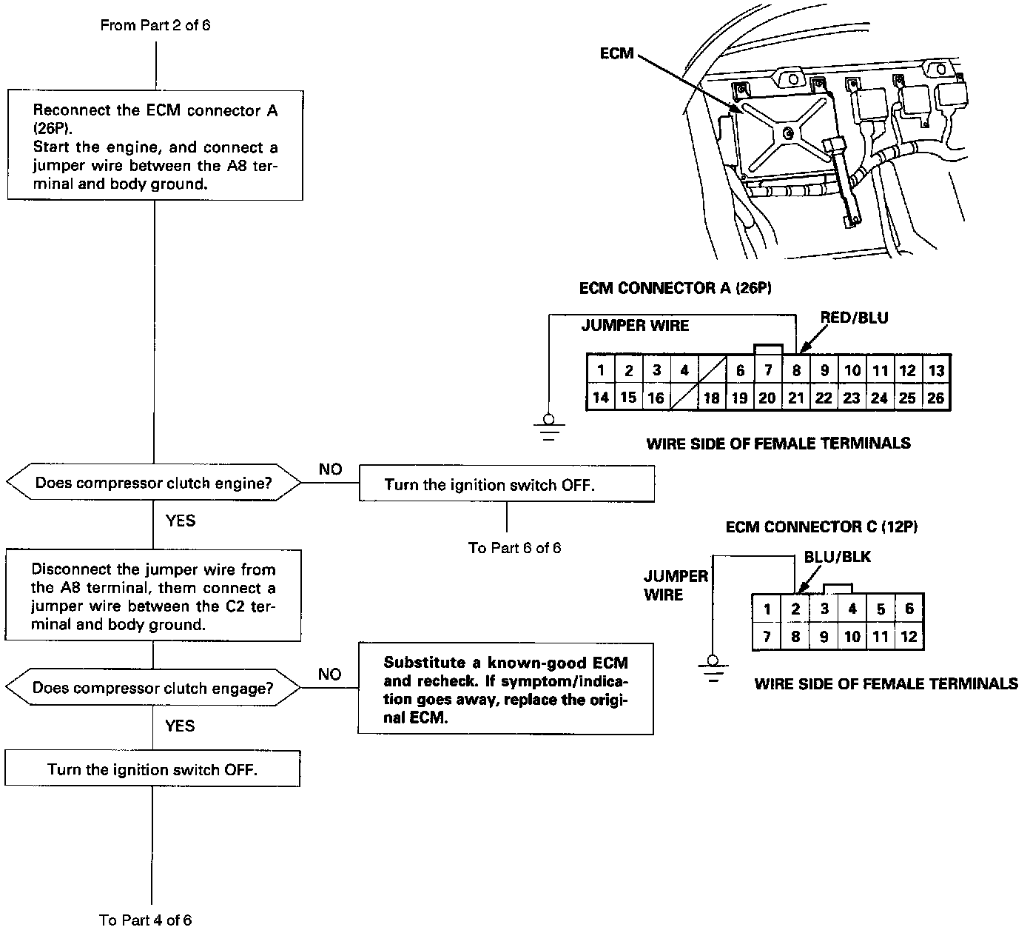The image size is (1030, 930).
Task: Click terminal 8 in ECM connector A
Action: coord(796,370)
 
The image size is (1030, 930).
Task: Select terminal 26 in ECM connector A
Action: coord(935,398)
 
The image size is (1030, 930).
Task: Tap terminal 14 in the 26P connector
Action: coord(601,398)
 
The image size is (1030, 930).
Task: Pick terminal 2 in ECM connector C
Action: coord(795,609)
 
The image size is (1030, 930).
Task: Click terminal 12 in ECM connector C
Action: coord(909,637)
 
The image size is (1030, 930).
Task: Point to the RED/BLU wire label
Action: coord(854,318)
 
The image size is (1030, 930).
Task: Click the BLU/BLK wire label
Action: coord(838,558)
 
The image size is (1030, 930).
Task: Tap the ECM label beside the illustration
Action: coord(616,53)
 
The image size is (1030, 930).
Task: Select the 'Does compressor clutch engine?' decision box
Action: coord(154,484)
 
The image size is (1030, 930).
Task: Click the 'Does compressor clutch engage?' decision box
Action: coord(153,689)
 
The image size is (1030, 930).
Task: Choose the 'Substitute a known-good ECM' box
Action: coord(506,689)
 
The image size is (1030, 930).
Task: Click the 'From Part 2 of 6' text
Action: coord(155,25)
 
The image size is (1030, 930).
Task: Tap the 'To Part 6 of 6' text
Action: coord(514,548)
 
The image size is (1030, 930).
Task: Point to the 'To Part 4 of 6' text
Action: coord(146,920)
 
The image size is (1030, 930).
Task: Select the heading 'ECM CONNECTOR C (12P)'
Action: coord(821,527)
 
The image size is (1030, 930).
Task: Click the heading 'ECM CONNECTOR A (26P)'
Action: coord(675,288)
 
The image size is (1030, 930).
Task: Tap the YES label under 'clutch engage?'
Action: coord(180,726)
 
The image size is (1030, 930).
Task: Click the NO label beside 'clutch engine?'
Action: coord(330,469)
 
